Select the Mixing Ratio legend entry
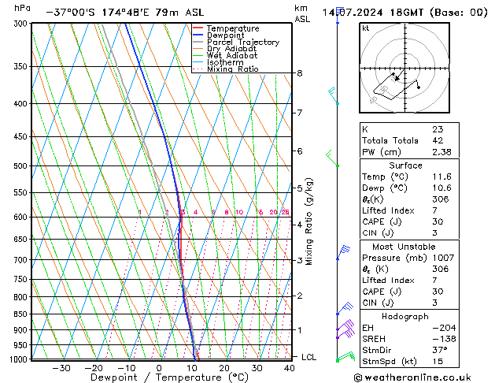coord(232,69)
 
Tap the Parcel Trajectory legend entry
coord(242,43)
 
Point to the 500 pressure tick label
coord(22,166)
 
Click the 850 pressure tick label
coord(22,314)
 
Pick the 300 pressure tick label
coord(22,24)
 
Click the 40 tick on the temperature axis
coord(290,368)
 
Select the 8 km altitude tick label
coord(299,73)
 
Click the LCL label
coord(309,357)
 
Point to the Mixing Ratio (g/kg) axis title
coord(310,221)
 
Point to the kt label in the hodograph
coord(366,28)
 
